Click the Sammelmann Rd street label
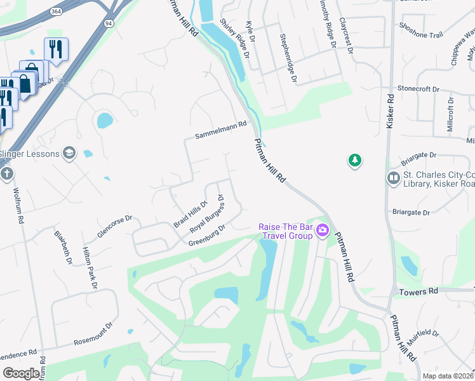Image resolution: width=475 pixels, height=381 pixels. pos(220,131)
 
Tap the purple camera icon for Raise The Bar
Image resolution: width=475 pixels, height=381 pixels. pos(323,230)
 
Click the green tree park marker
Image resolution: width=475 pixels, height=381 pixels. pos(355,161)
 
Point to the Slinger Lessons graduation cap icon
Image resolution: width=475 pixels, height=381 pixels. pos(69,153)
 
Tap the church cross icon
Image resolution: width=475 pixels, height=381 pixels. pos(6,174)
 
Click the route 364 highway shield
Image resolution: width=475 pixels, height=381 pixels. pos(57,11)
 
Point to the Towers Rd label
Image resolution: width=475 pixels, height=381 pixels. pos(420,291)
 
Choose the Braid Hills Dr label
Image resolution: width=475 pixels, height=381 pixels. pos(191,215)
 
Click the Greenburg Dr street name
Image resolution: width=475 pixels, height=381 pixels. pos(207,235)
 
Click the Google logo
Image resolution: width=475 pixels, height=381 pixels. pos(20,373)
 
